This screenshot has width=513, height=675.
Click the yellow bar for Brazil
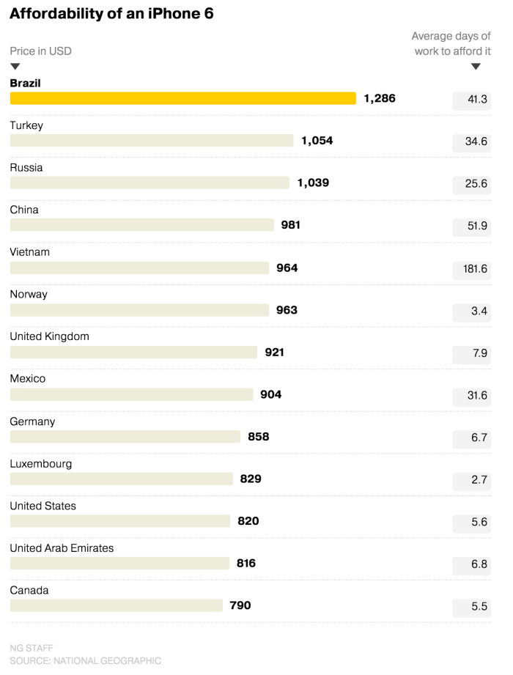tap(182, 98)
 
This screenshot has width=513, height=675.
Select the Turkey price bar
tap(151, 141)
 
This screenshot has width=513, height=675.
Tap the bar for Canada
tap(116, 605)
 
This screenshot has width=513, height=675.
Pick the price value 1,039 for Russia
tap(313, 182)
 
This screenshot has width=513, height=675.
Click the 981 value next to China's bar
tap(291, 225)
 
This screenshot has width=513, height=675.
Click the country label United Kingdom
tap(49, 336)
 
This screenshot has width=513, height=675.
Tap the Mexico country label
tap(28, 379)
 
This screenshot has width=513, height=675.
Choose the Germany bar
tap(125, 437)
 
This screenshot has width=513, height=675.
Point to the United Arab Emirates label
tap(62, 548)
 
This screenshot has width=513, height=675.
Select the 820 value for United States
tap(248, 521)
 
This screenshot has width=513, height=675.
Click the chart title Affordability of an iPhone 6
tap(111, 14)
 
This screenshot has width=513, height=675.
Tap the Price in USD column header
tap(40, 51)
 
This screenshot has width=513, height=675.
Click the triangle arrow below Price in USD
tap(15, 67)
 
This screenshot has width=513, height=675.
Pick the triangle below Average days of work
tap(476, 67)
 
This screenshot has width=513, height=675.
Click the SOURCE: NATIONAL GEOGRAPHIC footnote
tap(85, 660)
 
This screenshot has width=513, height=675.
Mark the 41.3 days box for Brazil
tap(472, 100)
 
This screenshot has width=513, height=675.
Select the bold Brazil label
tap(25, 83)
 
